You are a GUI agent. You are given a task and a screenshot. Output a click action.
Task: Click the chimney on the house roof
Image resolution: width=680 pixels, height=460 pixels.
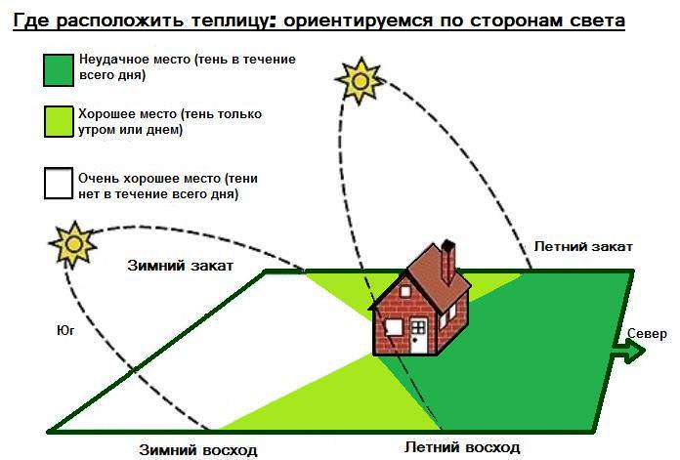[x=448, y=259]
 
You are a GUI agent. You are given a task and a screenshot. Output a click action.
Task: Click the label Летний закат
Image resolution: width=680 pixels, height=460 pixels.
[x=583, y=246]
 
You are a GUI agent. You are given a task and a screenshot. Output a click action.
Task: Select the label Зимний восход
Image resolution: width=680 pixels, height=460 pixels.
[x=197, y=450]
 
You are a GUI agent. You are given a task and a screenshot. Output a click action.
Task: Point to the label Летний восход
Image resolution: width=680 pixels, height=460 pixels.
[x=462, y=446]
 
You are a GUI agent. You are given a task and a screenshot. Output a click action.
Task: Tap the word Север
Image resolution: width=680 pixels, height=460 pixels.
[x=646, y=334]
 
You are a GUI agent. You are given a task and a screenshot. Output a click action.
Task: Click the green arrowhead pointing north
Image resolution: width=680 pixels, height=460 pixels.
[x=635, y=351]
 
